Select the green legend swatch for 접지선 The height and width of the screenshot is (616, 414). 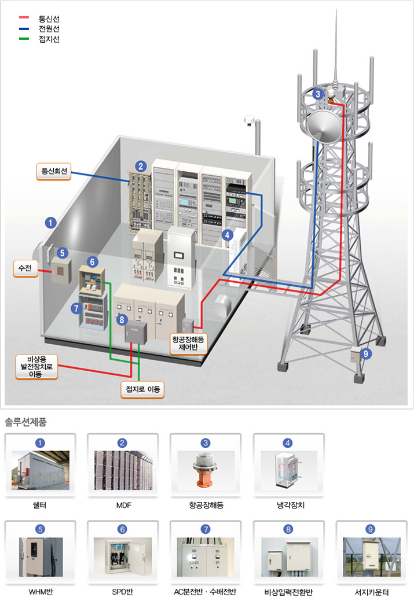click(24, 39)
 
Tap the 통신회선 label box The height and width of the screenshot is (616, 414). click(53, 171)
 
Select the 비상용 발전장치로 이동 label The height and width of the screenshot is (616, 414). click(38, 366)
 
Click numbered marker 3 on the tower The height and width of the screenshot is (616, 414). click(317, 94)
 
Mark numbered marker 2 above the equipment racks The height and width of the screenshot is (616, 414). click(140, 166)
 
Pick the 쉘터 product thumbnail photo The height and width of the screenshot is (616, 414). click(41, 470)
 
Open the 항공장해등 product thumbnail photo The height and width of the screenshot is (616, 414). click(206, 470)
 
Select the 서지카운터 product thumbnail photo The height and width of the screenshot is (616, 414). click(371, 557)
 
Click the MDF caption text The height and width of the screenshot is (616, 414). click(123, 505)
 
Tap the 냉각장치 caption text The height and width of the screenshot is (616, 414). click(289, 505)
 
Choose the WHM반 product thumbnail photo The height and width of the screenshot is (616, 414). click(41, 557)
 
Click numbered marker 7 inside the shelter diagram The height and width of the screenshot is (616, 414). click(76, 308)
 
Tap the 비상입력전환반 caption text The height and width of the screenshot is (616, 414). click(288, 592)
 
